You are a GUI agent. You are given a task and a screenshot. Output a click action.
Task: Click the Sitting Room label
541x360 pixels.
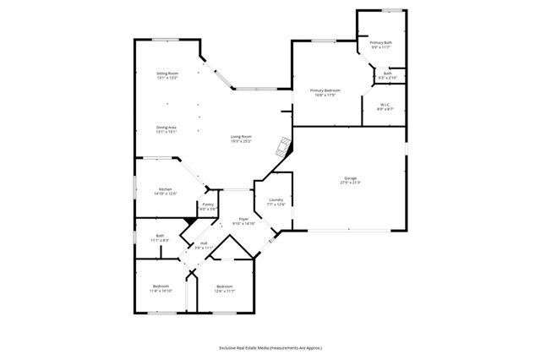[167, 74]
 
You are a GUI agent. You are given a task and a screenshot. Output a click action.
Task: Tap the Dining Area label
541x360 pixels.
[166, 128]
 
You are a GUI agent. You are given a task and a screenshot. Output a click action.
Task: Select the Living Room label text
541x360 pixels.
[242, 136]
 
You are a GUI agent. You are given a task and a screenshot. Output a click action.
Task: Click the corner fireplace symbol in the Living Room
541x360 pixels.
[286, 145]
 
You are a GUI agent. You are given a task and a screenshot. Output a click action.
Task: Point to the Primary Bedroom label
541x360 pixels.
[325, 90]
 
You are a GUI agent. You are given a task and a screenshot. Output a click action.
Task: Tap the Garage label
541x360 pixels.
[349, 178]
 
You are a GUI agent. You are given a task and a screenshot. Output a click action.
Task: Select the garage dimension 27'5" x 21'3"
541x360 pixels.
[349, 183]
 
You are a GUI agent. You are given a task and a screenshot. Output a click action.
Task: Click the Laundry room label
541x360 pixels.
[276, 200]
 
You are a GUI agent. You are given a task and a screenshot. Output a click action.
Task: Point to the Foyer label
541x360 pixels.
[243, 219]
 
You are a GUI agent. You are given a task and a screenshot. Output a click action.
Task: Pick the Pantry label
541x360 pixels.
[207, 205]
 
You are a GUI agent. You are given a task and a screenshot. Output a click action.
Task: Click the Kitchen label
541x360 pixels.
[165, 189]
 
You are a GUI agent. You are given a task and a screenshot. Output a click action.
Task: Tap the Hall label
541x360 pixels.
[204, 243]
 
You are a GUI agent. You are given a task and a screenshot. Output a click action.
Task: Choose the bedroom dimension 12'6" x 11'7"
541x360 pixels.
[224, 291]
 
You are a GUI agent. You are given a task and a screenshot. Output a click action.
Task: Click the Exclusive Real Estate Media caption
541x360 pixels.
[270, 347]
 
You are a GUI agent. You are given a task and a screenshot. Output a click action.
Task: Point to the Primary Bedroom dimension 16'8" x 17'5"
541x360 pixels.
[325, 95]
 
